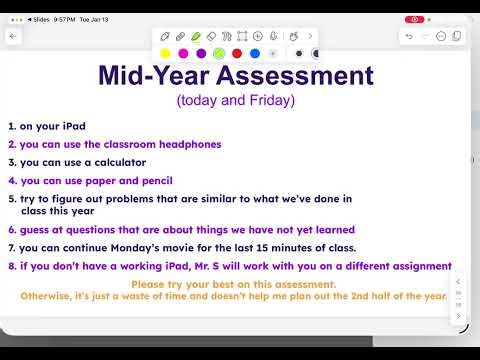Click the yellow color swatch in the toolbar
(164, 53)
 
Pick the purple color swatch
(201, 53)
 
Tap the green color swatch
(219, 53)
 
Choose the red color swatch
(237, 53)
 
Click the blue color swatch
(255, 53)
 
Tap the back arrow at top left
(13, 36)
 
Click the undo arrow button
(409, 36)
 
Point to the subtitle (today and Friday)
(236, 101)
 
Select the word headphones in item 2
(187, 144)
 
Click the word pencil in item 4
(154, 181)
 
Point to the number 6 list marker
(11, 229)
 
